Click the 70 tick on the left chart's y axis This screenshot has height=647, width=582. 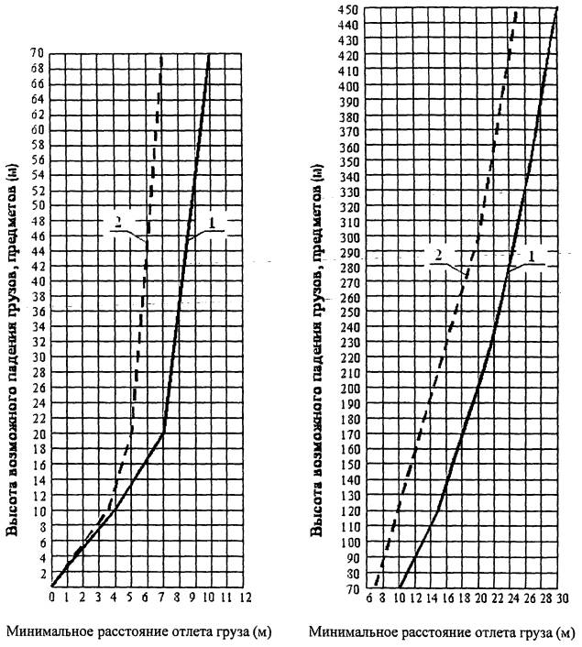36,54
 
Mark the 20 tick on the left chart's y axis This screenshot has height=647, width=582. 37,433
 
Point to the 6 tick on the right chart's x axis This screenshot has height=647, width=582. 368,598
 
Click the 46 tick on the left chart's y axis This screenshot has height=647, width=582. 37,236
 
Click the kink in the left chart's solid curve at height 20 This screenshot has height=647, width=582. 163,433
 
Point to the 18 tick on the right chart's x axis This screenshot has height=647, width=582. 465,598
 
